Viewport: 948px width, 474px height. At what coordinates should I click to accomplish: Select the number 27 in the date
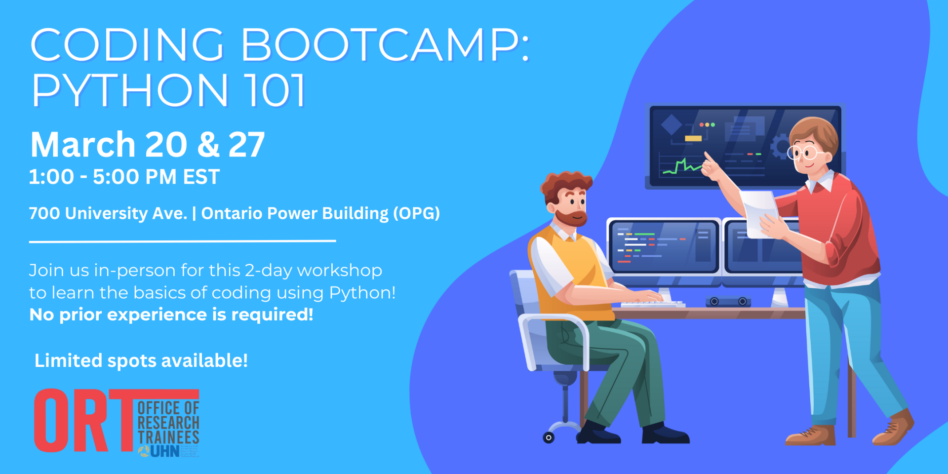click(246, 145)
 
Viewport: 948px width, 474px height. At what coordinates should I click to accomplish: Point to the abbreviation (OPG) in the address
click(416, 213)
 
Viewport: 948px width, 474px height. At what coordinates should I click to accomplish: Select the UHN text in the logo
click(165, 451)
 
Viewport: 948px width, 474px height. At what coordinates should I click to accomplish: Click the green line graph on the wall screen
click(681, 166)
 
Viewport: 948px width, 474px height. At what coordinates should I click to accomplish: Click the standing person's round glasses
click(802, 152)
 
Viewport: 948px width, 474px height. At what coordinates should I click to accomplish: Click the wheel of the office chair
click(549, 437)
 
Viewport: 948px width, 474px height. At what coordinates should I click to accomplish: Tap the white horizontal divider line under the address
click(182, 241)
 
